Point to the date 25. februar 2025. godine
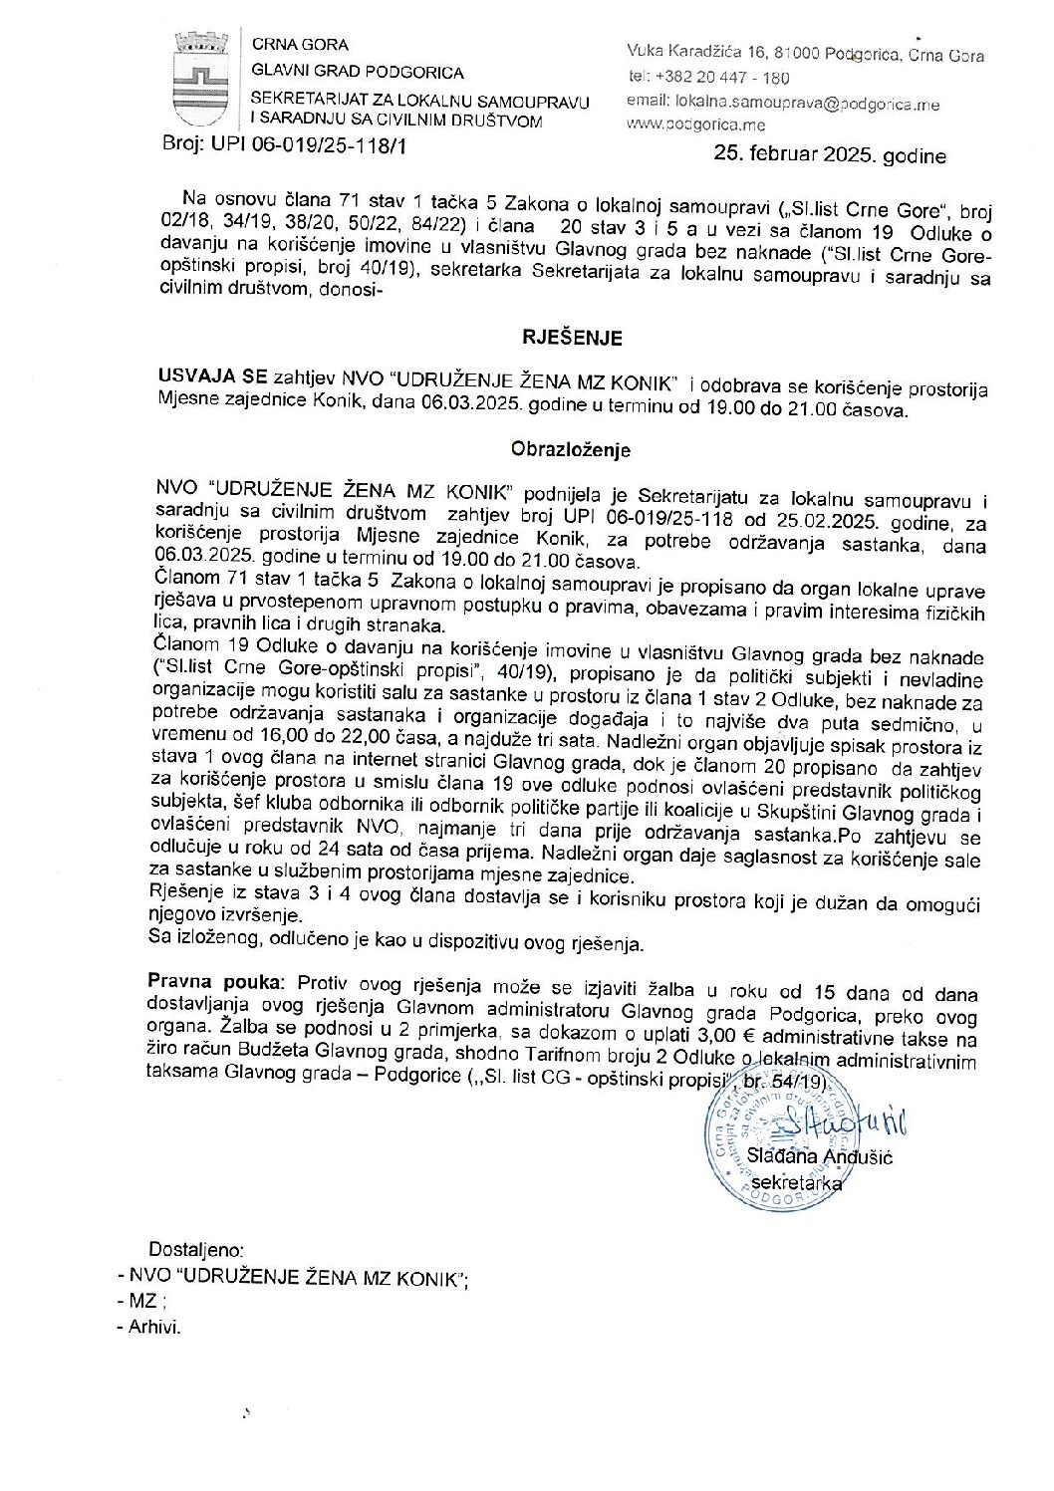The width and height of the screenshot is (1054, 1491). tap(830, 156)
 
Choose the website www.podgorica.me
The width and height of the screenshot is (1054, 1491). tap(696, 125)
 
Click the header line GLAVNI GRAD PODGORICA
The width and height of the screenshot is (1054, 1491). tap(358, 72)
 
